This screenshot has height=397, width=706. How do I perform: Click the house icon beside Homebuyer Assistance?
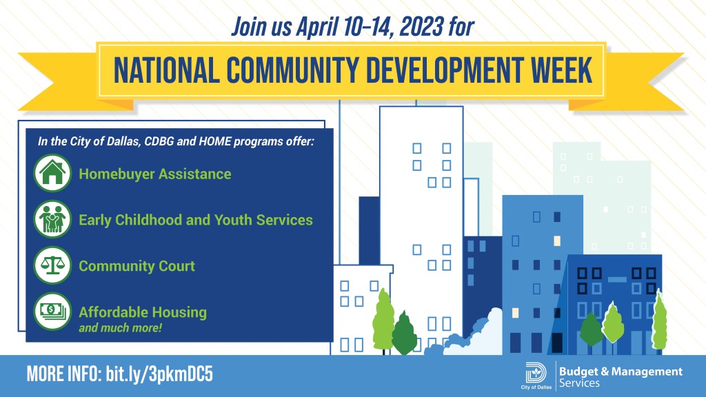[52, 173]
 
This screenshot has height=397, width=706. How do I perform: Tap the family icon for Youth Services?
[52, 219]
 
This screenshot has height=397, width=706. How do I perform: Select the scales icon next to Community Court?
[52, 265]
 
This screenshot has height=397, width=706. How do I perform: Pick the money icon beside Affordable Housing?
[52, 312]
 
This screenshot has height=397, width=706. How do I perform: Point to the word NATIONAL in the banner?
[166, 70]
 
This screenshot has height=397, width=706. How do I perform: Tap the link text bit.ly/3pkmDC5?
[159, 374]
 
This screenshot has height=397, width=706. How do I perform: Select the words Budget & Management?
[621, 371]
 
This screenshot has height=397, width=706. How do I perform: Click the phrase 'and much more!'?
[120, 327]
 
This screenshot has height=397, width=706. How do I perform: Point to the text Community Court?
[137, 266]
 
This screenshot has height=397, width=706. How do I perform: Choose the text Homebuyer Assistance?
[155, 174]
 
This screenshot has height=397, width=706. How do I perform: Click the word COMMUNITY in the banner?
[292, 70]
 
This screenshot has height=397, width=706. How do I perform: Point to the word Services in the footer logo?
[579, 383]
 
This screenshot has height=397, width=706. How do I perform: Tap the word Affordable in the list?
[108, 312]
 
